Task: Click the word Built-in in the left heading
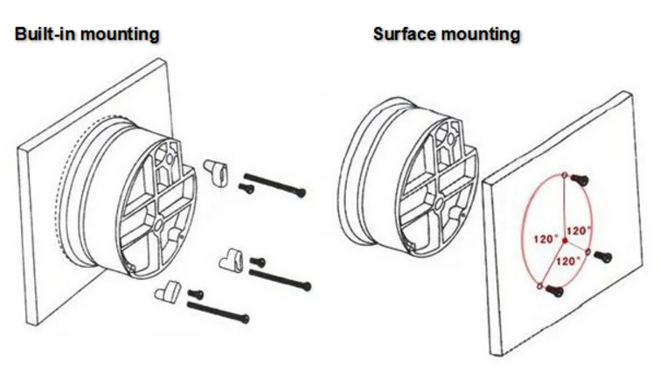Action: pyautogui.click(x=44, y=35)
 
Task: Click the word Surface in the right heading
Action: pyautogui.click(x=405, y=35)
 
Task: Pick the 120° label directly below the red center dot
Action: pyautogui.click(x=569, y=261)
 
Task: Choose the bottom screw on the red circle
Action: pyautogui.click(x=552, y=292)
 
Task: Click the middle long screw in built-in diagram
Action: pyautogui.click(x=280, y=279)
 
